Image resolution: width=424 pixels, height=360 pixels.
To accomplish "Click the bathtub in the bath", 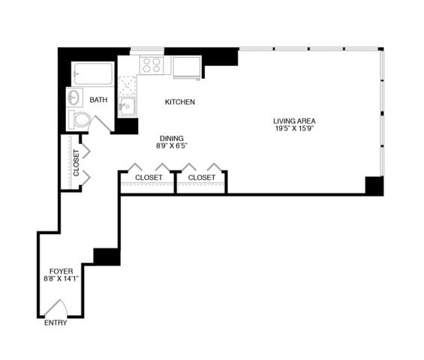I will tap(93, 75).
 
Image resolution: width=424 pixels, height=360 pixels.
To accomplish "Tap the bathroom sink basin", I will tap(75, 98).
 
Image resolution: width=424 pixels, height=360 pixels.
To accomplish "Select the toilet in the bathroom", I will tap(80, 119).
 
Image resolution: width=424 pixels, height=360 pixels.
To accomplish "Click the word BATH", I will tap(98, 100).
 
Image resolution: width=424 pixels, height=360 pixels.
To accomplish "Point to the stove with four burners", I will tap(152, 64).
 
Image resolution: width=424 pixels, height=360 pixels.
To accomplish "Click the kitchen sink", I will tap(126, 106).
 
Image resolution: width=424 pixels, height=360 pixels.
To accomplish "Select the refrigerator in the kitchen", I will tap(187, 67).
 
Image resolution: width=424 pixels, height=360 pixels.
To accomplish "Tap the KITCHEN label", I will tap(180, 102).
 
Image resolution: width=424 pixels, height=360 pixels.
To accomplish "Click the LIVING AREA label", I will tap(293, 120).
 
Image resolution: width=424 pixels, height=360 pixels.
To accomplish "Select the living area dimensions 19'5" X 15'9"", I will tap(293, 128).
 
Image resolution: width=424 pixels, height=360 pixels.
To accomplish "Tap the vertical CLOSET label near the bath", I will tap(76, 163).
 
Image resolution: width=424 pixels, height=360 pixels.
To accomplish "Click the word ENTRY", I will tap(56, 323).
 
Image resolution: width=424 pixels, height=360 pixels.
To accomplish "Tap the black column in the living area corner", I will tap(374, 185).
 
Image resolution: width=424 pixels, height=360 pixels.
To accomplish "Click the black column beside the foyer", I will tap(107, 256).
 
